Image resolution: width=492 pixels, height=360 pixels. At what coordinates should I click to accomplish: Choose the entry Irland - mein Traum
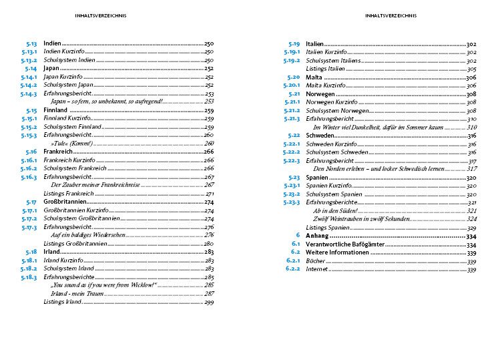(x=75, y=294)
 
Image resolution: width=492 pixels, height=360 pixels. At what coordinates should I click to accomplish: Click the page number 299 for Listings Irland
(x=208, y=303)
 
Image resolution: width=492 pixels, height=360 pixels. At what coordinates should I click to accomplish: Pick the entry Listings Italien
(x=325, y=69)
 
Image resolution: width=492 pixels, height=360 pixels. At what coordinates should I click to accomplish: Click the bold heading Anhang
(x=316, y=236)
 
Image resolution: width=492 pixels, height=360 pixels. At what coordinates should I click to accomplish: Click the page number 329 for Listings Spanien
(x=471, y=227)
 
